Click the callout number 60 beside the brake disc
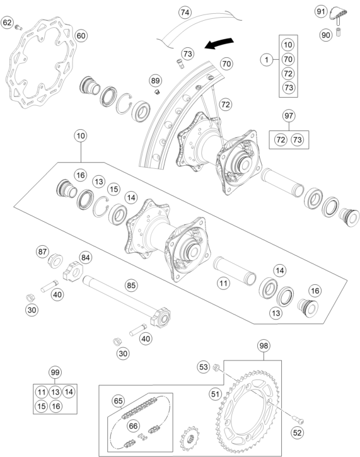[81, 36]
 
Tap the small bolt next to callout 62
[18, 28]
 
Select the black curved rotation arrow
[219, 43]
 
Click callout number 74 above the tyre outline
[185, 12]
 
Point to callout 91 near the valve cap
[321, 11]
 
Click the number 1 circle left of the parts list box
[267, 60]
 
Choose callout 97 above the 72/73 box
[289, 116]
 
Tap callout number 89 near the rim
[155, 81]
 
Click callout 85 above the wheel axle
[131, 285]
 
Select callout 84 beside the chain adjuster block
[85, 258]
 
